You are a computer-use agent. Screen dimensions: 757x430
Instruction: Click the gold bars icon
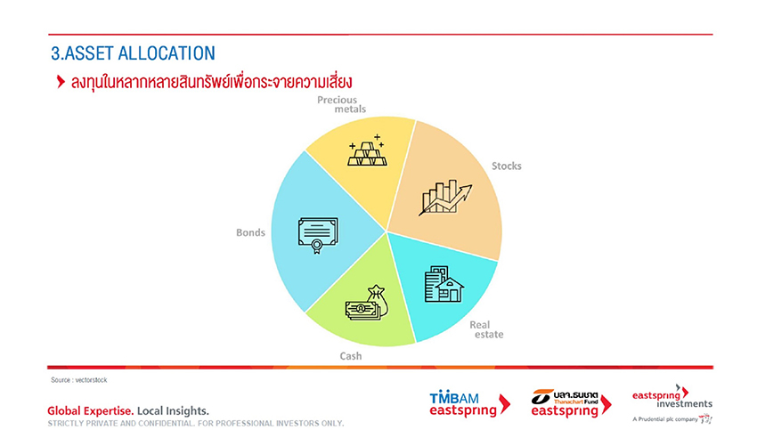pyautogui.click(x=368, y=150)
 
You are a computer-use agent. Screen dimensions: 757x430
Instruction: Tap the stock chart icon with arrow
pyautogui.click(x=445, y=198)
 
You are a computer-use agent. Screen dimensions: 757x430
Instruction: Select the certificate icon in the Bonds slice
pyautogui.click(x=318, y=235)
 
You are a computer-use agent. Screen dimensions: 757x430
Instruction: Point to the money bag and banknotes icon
pyautogui.click(x=366, y=303)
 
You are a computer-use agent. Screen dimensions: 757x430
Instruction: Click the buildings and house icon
pyautogui.click(x=444, y=284)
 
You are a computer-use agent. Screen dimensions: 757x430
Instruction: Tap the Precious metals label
pyautogui.click(x=341, y=104)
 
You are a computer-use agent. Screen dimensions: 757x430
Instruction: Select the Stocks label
pyautogui.click(x=507, y=166)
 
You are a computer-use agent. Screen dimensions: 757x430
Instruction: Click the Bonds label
pyautogui.click(x=250, y=232)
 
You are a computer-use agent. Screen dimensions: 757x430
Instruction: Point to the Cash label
pyautogui.click(x=351, y=356)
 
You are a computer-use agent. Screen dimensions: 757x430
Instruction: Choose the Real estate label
pyautogui.click(x=486, y=329)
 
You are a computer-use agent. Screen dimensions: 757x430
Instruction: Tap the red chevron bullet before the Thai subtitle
pyautogui.click(x=61, y=82)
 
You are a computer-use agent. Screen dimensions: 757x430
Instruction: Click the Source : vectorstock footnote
pyautogui.click(x=79, y=380)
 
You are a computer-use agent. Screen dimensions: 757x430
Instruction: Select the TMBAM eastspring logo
pyautogui.click(x=469, y=404)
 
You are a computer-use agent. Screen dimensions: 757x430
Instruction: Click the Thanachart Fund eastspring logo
pyautogui.click(x=571, y=403)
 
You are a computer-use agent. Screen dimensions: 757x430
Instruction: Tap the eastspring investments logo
pyautogui.click(x=672, y=398)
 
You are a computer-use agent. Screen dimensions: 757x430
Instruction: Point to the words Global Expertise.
pyautogui.click(x=91, y=410)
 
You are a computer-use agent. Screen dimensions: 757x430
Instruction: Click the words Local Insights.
pyautogui.click(x=174, y=410)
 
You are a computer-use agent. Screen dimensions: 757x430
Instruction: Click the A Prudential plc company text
pyautogui.click(x=665, y=419)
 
